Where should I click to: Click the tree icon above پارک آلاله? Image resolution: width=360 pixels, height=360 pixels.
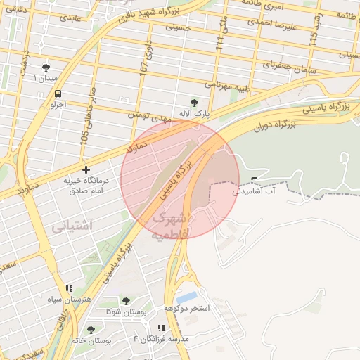(x=195, y=102)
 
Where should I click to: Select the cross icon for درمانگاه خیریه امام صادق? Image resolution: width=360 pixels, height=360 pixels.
(x=86, y=169)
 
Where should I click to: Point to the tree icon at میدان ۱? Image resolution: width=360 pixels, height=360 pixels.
(x=46, y=67)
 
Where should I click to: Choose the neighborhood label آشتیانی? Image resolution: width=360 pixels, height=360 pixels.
(x=71, y=226)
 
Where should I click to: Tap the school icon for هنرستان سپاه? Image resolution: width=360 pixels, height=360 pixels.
(x=69, y=288)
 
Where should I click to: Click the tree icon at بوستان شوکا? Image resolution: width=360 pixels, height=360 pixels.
(x=126, y=301)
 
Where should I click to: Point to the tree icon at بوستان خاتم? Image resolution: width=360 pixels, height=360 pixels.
(x=90, y=329)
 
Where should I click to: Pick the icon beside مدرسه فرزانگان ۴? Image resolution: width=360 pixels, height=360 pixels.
(x=161, y=328)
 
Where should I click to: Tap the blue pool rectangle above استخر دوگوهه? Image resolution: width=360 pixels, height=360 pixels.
(x=187, y=297)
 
